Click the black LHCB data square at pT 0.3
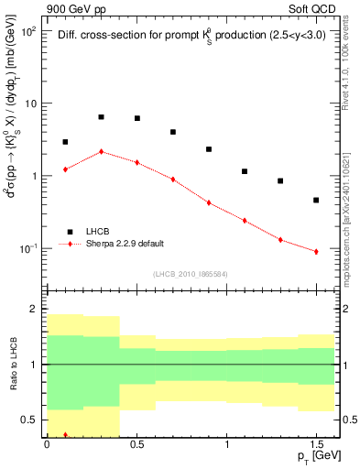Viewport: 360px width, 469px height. point(101,117)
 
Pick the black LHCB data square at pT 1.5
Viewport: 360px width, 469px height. point(316,200)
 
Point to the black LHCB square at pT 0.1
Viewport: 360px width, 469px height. point(65,142)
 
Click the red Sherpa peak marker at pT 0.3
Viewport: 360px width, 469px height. point(101,151)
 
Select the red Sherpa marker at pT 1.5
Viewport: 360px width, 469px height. point(316,251)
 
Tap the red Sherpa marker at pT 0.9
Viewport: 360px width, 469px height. point(209,202)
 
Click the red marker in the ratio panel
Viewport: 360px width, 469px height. point(65,435)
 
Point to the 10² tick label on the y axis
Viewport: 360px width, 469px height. point(28,31)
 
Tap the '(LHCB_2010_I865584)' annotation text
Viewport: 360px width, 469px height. point(190,274)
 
